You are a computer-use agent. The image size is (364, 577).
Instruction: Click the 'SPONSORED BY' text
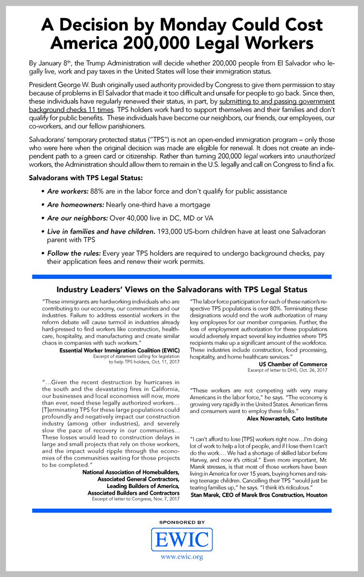click(x=181, y=522)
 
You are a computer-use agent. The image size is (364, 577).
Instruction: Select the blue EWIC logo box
click(x=182, y=539)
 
